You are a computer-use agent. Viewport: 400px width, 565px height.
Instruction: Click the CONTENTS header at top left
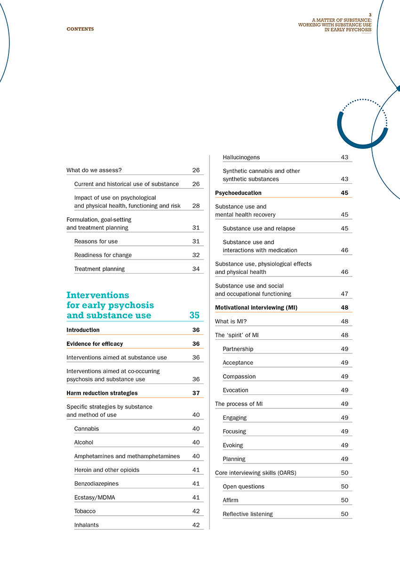[80, 29]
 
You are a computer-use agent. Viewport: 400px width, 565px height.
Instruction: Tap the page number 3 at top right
[370, 15]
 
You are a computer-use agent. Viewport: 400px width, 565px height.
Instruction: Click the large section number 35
[194, 315]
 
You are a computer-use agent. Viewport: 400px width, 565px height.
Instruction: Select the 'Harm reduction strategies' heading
[102, 393]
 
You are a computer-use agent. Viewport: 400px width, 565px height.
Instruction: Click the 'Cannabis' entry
[87, 429]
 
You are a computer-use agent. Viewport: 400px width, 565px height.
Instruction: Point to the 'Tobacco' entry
[85, 511]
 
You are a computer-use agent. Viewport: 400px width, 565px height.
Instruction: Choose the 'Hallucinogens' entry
[241, 157]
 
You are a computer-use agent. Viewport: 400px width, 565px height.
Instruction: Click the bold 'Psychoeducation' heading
[238, 193]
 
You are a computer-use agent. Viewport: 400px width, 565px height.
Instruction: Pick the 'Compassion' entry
[239, 377]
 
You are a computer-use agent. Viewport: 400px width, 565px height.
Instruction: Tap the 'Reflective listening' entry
[248, 514]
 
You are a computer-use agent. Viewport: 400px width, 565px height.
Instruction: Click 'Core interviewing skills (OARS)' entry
[256, 473]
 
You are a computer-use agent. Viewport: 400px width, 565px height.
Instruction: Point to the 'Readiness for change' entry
[103, 255]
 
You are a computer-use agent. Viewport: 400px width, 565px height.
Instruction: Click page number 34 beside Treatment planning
[196, 269]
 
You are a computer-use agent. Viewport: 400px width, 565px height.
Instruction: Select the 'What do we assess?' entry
[94, 170]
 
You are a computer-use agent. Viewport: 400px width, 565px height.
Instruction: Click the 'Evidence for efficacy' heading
[95, 344]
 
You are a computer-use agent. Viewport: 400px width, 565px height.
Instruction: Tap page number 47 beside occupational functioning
[344, 294]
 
